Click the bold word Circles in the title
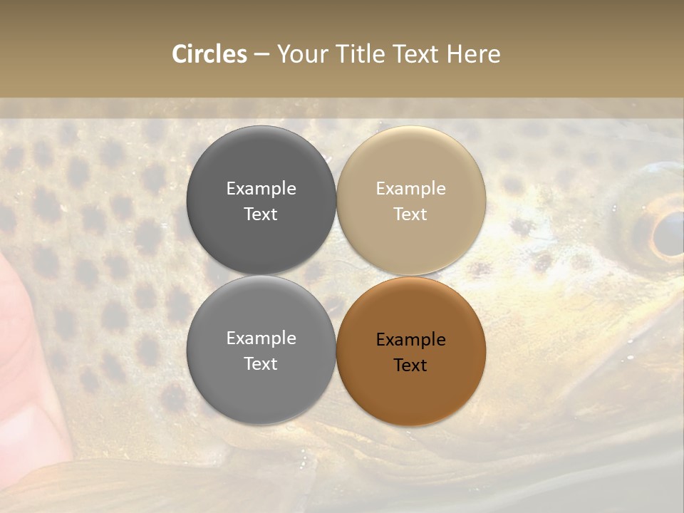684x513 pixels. tap(209, 54)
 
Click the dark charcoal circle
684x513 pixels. tap(261, 200)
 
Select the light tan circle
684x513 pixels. tap(411, 200)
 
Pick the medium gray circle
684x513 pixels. tap(261, 351)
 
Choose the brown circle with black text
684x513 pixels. tap(411, 351)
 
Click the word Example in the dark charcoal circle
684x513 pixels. tap(261, 189)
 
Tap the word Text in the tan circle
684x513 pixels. tap(410, 214)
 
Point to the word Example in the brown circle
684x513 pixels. tap(410, 340)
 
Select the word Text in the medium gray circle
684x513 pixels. tap(261, 364)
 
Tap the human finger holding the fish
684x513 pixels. tap(21, 356)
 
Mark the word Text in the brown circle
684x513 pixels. tap(410, 366)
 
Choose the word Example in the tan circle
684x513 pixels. tap(410, 189)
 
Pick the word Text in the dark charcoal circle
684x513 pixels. tap(261, 214)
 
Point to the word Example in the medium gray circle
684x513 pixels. tap(261, 338)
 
